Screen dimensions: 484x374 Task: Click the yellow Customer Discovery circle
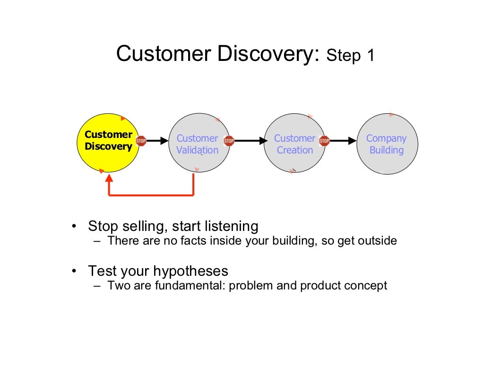[108, 143]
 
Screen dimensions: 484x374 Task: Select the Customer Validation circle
[199, 143]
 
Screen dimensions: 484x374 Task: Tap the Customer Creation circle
[295, 143]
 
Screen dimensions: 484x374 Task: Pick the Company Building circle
[388, 144]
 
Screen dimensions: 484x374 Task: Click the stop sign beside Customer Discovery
[141, 141]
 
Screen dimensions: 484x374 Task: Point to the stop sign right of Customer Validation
[229, 141]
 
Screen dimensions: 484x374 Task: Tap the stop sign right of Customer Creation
[324, 141]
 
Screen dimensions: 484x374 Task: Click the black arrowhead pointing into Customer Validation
[164, 141]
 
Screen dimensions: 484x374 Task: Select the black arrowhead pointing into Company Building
[353, 141]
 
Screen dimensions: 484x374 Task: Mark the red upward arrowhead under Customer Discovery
[109, 178]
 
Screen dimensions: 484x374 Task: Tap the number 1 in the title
[371, 56]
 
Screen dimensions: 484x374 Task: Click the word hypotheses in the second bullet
[191, 272]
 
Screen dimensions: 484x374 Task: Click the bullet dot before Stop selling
[74, 226]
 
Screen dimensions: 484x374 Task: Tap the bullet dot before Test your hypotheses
[74, 272]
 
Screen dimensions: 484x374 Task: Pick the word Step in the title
[344, 56]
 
